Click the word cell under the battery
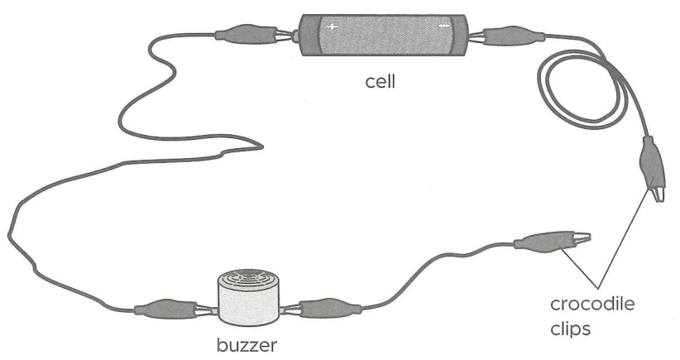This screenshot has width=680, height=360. click(381, 82)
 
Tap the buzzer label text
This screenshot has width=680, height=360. click(247, 345)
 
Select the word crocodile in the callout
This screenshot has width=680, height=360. click(592, 304)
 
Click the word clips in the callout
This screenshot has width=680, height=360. click(570, 329)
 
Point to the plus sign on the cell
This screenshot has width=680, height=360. click(333, 26)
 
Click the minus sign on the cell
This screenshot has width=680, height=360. click(443, 26)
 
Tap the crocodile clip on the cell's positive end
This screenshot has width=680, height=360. click(253, 35)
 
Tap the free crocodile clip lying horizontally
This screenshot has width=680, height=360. click(552, 239)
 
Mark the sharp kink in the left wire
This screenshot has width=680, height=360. click(262, 146)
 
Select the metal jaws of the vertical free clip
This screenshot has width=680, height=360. click(656, 193)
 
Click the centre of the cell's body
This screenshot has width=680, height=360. click(384, 35)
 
